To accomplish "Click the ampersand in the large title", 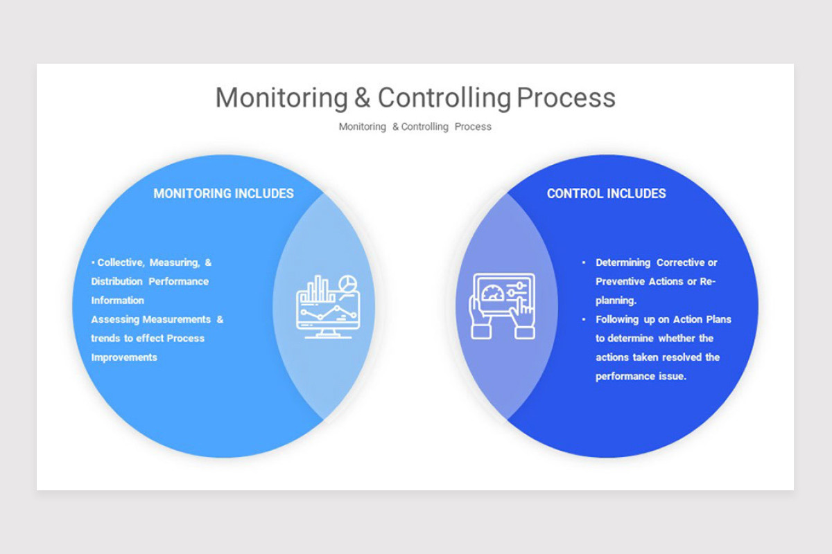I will tap(362, 98).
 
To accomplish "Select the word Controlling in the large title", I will tap(444, 98).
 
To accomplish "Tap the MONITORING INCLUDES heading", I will tap(223, 193).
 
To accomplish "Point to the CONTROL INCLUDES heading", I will tap(606, 193).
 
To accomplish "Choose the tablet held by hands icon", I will tap(504, 305).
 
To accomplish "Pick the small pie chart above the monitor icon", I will tap(348, 284).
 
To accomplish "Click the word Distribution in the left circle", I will tap(116, 282).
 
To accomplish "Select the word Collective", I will tap(121, 263).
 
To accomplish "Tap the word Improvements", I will tap(124, 358).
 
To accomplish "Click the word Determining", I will tap(623, 263).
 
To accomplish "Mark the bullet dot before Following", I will tap(584, 320).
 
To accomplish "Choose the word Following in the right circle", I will tap(616, 320).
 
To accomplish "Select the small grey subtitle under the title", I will tap(415, 127).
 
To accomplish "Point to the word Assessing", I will tap(115, 320).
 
